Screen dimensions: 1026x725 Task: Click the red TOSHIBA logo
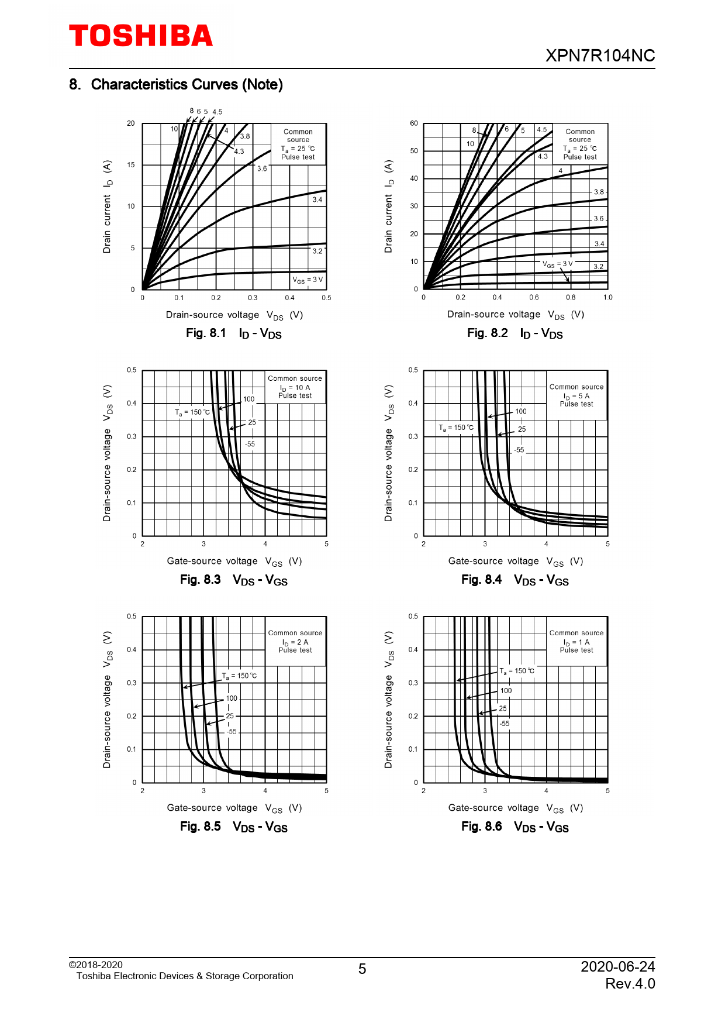tap(141, 36)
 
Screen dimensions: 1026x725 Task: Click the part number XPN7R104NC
tap(600, 56)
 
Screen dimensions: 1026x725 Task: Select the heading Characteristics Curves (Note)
tap(187, 85)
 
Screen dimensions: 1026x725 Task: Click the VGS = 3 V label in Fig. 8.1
tap(308, 280)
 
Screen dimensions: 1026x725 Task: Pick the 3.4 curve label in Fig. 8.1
tap(317, 199)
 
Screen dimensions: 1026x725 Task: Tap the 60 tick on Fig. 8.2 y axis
tap(414, 123)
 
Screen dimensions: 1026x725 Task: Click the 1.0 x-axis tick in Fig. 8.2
tap(607, 298)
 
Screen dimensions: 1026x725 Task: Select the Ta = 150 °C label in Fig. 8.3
tap(192, 412)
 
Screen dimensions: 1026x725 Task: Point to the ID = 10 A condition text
tap(295, 387)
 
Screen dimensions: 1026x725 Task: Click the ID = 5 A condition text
tap(576, 396)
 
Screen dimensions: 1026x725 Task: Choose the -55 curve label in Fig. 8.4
tap(519, 450)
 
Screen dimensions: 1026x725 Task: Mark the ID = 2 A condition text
tap(295, 642)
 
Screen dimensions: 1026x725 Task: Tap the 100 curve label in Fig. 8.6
tap(506, 691)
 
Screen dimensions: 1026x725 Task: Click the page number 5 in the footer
tap(362, 969)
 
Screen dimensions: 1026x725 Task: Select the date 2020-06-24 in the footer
tap(617, 966)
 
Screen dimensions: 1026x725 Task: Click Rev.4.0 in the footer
tap(630, 984)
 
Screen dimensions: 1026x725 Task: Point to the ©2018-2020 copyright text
tap(96, 965)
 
